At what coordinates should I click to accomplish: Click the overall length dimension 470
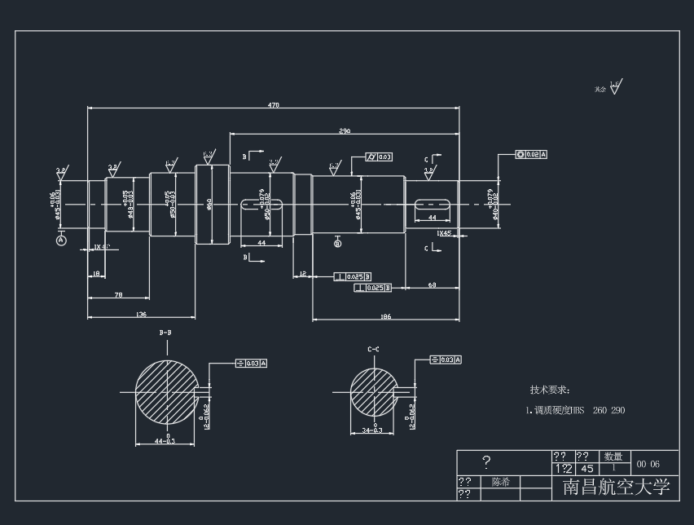point(273,104)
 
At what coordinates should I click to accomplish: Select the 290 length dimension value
point(345,130)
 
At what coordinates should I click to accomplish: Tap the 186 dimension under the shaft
point(385,316)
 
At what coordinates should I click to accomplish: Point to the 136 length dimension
point(141,314)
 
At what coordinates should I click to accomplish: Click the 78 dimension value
point(118,294)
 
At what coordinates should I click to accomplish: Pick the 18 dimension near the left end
point(96,276)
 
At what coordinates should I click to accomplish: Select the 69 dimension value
point(431,285)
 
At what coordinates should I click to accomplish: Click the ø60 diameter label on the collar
point(210,204)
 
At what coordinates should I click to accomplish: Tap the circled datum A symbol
point(61,240)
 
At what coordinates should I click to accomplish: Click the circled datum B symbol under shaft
point(338,242)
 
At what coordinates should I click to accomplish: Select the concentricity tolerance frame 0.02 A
point(532,154)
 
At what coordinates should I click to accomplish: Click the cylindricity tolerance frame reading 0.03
point(380,157)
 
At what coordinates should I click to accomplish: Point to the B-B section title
point(165,333)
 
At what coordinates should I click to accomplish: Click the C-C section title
point(373,349)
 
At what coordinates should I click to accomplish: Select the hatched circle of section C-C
point(372,391)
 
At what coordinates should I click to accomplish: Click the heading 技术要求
point(551,390)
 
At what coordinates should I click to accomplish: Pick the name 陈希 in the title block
point(501,482)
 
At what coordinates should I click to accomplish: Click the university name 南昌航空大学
point(616,487)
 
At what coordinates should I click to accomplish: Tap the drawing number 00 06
point(648,464)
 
